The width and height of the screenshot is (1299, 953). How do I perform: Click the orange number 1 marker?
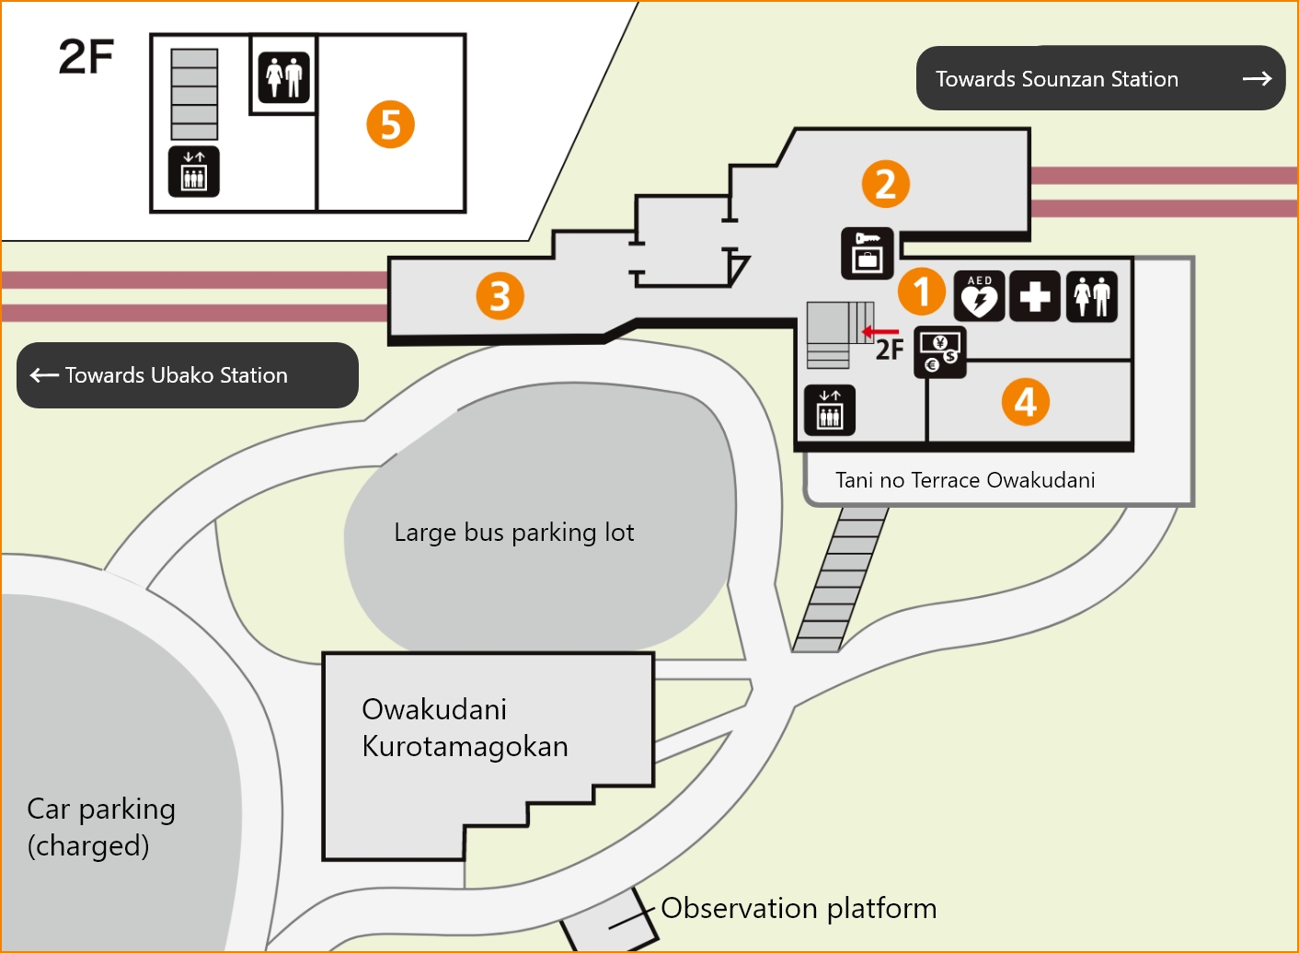pyautogui.click(x=922, y=292)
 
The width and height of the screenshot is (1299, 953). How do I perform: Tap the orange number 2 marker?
pyautogui.click(x=885, y=183)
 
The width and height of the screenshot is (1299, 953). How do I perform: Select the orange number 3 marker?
pyautogui.click(x=500, y=296)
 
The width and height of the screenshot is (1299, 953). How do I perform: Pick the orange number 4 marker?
pyautogui.click(x=1025, y=402)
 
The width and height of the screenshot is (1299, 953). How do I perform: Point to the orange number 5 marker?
pyautogui.click(x=390, y=125)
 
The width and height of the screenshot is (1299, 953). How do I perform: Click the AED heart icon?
pyautogui.click(x=979, y=296)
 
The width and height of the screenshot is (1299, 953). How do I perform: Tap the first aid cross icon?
pyautogui.click(x=1035, y=296)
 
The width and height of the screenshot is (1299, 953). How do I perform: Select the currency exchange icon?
pyautogui.click(x=939, y=351)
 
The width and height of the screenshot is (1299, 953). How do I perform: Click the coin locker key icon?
pyautogui.click(x=867, y=253)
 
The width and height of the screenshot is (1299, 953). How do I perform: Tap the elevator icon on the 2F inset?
pyautogui.click(x=193, y=171)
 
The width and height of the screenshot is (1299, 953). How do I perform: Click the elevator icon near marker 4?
pyautogui.click(x=829, y=409)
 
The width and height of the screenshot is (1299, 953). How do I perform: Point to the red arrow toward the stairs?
pyautogui.click(x=879, y=332)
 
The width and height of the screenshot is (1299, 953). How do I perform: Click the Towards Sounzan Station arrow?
pyautogui.click(x=1257, y=79)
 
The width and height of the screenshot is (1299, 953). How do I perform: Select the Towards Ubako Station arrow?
pyautogui.click(x=44, y=375)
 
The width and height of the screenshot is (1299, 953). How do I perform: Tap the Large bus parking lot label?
pyautogui.click(x=513, y=533)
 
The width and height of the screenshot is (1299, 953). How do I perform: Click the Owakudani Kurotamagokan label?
pyautogui.click(x=465, y=728)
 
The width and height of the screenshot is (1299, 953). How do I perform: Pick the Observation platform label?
pyautogui.click(x=799, y=908)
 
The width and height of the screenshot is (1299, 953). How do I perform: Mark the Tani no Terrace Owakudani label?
pyautogui.click(x=965, y=480)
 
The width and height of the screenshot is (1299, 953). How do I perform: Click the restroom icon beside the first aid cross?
pyautogui.click(x=1091, y=296)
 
